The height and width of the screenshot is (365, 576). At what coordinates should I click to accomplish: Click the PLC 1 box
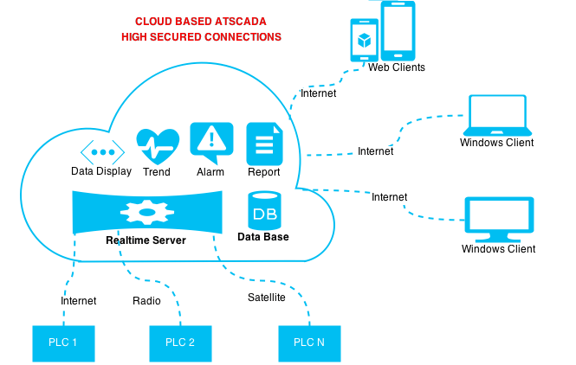[63, 343]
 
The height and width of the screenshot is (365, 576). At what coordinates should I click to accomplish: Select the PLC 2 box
[180, 343]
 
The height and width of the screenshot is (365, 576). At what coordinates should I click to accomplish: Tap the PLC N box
[309, 343]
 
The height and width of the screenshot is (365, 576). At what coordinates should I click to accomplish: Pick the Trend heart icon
[158, 145]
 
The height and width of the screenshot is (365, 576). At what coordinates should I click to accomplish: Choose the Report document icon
[264, 143]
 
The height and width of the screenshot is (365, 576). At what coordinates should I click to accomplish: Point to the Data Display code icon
[101, 150]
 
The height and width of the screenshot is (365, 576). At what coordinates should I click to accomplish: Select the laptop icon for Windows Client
[496, 114]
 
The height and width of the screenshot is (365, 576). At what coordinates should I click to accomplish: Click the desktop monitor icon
[498, 220]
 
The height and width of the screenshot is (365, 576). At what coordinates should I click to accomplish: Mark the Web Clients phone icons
[382, 32]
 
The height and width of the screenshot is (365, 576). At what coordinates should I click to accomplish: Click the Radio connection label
[146, 301]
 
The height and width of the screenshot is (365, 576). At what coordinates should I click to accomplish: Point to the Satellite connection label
[266, 298]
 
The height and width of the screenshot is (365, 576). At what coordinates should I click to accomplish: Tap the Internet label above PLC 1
[79, 301]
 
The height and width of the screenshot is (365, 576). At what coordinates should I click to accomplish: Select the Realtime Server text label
[146, 240]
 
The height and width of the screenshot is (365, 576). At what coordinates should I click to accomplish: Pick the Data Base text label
[263, 236]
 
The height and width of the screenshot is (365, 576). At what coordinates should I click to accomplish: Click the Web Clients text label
[397, 67]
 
